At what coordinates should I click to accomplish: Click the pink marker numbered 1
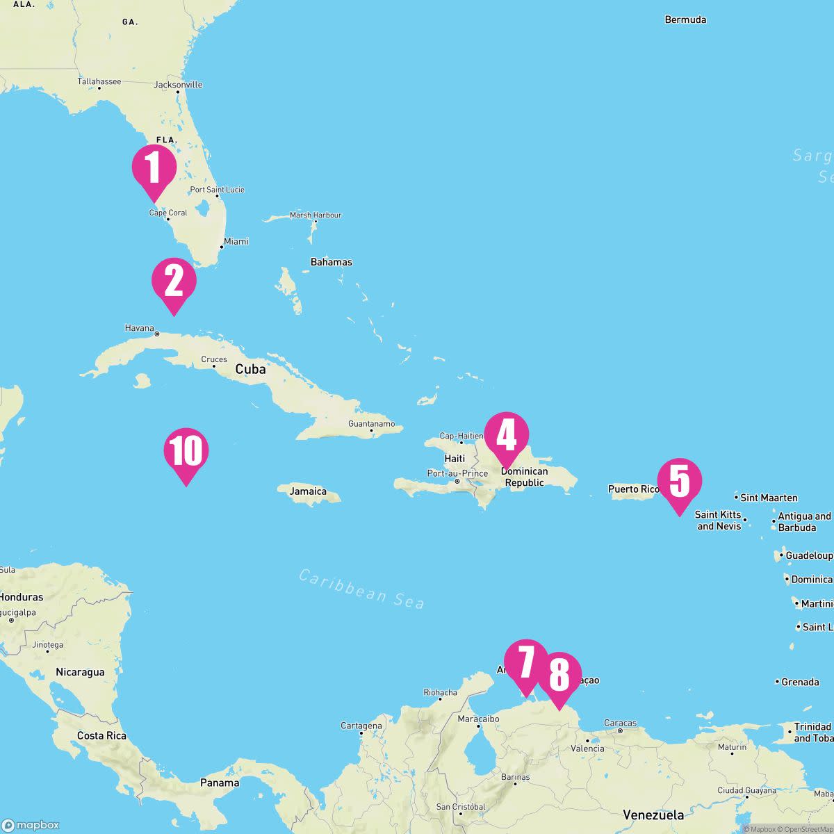[154, 167]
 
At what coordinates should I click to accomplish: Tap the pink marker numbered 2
[174, 281]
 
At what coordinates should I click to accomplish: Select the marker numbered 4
[506, 434]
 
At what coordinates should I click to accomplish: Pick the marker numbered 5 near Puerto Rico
[679, 481]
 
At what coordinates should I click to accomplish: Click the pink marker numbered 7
[526, 662]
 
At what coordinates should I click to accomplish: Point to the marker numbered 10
[186, 451]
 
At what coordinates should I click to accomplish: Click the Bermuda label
[685, 19]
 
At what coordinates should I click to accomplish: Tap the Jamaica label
[308, 491]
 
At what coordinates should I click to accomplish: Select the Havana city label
[140, 328]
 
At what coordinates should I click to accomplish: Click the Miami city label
[236, 241]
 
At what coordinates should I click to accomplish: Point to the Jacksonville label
[178, 85]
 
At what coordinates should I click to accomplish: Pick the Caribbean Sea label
[361, 589]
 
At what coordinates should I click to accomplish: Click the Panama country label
[220, 783]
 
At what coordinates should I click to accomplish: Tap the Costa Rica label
[101, 735]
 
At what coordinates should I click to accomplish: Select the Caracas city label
[620, 723]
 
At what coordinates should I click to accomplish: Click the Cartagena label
[361, 726]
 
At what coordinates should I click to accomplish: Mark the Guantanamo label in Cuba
[371, 423]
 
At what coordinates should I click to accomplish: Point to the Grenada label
[800, 682]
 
